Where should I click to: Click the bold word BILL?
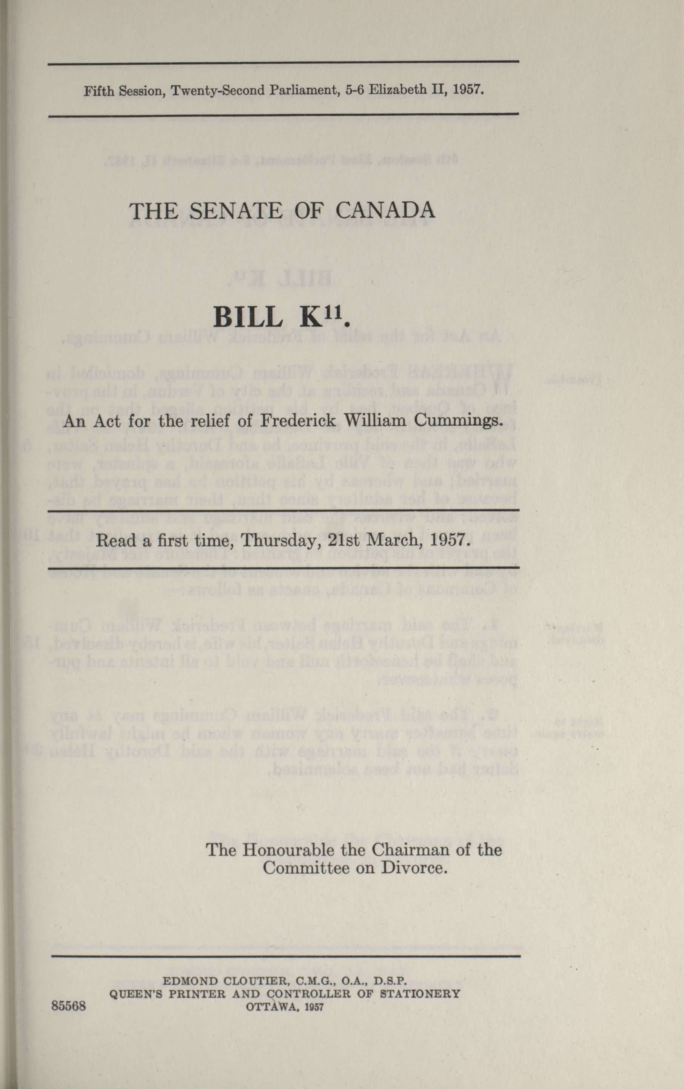(250, 319)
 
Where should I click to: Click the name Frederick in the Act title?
(298, 422)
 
